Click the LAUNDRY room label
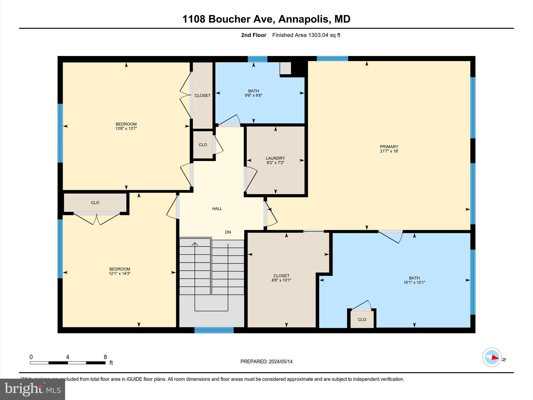275,158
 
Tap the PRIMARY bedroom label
389,147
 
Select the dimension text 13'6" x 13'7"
126,128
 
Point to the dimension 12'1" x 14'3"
119,273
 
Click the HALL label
217,209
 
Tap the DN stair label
228,232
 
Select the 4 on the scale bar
68,357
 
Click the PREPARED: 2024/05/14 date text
266,361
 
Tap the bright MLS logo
33,389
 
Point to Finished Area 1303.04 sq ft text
306,35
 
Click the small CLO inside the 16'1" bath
362,320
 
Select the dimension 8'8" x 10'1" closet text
281,280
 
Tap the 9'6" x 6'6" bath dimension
253,95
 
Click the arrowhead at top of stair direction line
195,244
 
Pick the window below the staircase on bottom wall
214,330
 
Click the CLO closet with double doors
95,203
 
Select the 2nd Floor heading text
253,35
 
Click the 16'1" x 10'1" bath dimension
414,282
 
